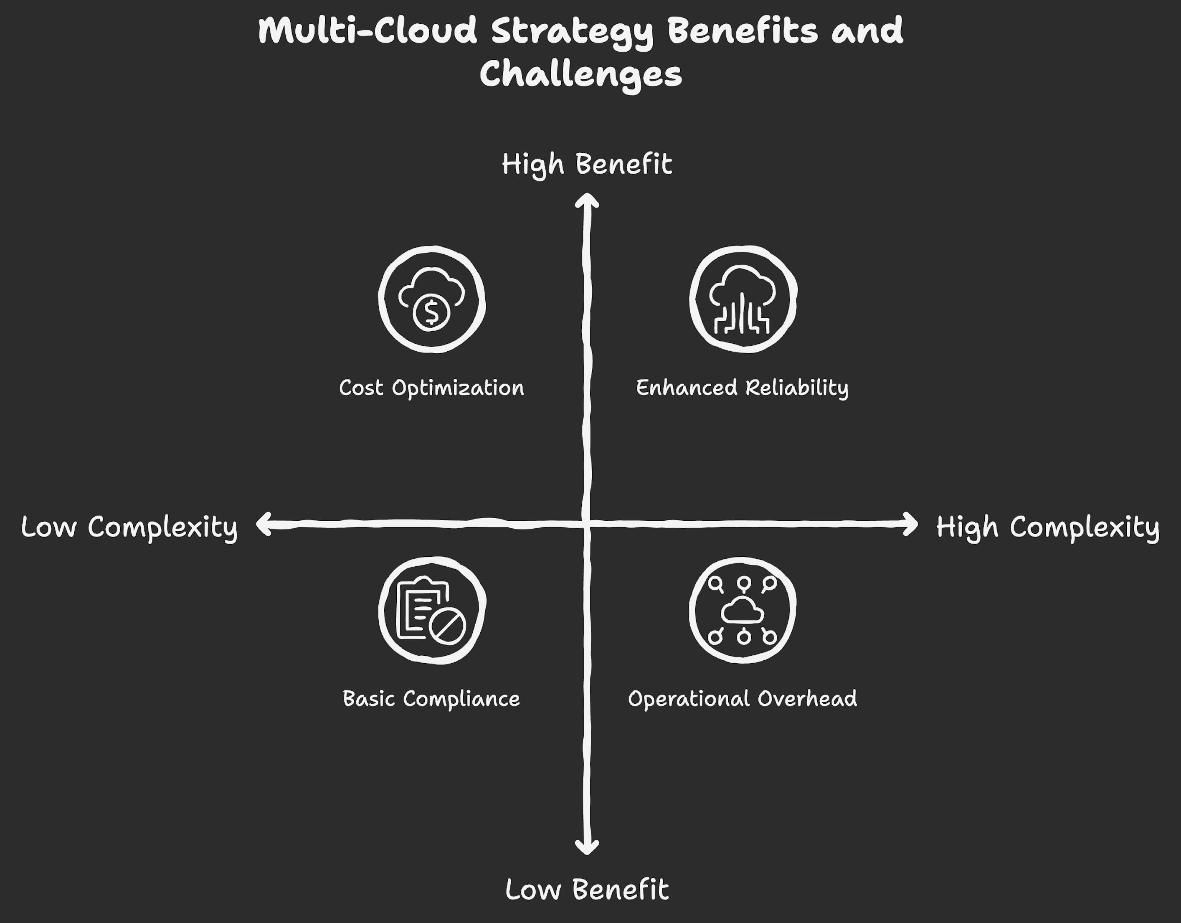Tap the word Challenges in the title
(581, 75)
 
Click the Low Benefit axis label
(587, 890)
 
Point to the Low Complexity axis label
(129, 527)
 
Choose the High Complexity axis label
(1047, 527)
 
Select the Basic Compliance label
(431, 699)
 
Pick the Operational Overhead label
(742, 699)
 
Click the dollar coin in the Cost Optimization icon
(431, 312)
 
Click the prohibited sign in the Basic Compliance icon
(447, 627)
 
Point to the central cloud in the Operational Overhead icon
(743, 611)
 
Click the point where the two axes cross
(587, 523)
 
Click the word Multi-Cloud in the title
(368, 31)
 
